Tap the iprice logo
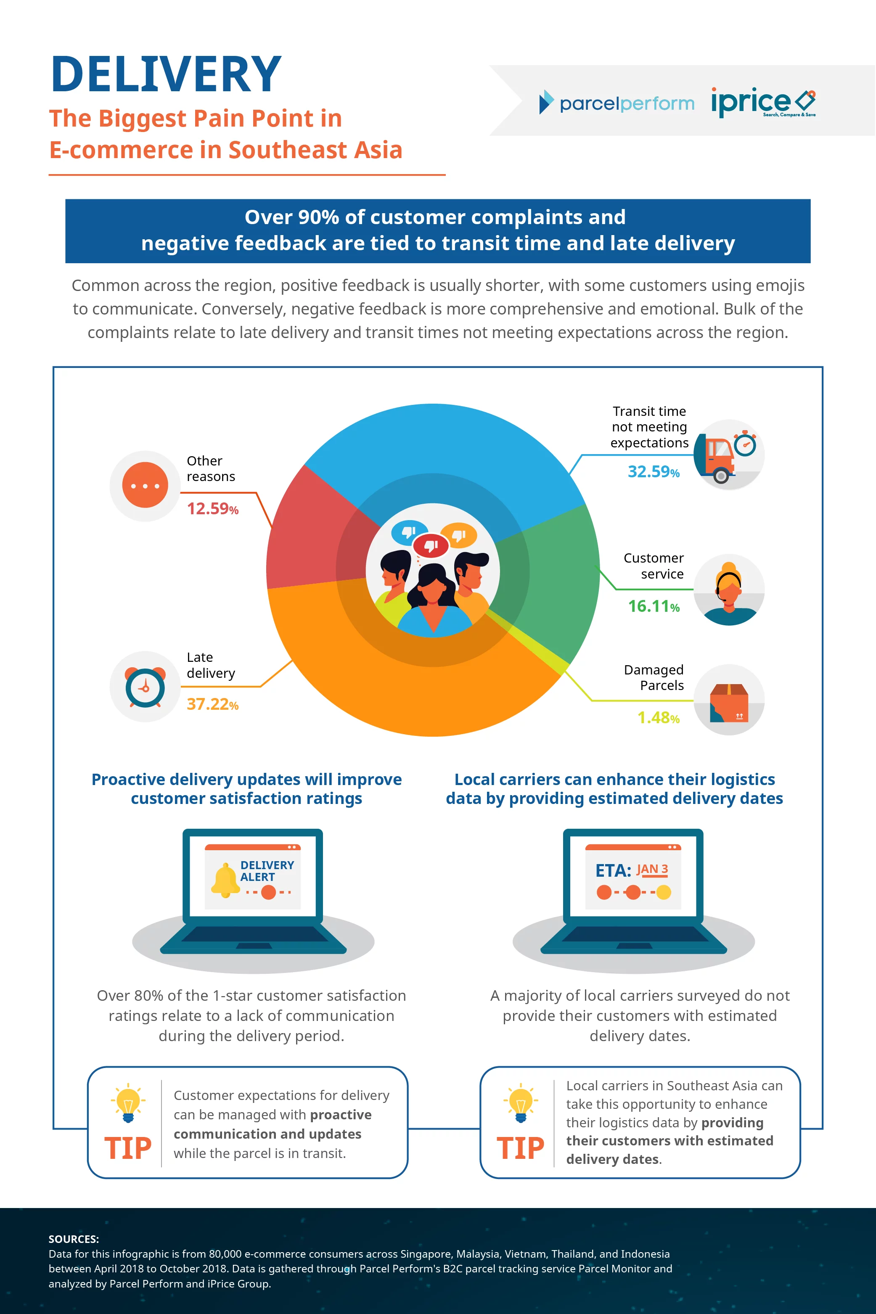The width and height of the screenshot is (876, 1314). point(762,102)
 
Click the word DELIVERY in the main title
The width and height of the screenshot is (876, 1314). point(166,74)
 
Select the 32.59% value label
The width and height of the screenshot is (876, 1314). point(653,472)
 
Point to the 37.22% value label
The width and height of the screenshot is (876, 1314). point(212,704)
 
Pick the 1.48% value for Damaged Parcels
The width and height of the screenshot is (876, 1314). point(658,718)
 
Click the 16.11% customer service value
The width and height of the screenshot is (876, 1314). point(653,606)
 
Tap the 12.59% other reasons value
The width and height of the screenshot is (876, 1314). point(212,509)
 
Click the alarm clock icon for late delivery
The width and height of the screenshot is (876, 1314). point(145,686)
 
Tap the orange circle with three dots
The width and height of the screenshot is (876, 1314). point(145,485)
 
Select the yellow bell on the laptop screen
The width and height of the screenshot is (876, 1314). point(225,880)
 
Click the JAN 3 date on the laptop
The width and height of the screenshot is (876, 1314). point(652,870)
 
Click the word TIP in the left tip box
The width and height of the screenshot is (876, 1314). point(128,1149)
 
